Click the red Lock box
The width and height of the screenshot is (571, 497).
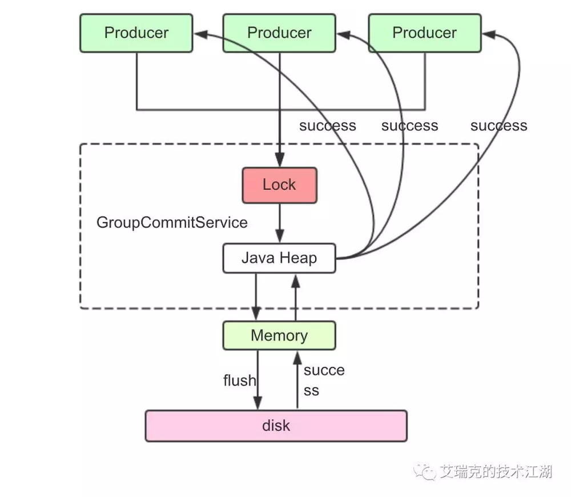279,185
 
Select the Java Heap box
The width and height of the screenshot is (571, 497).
279,258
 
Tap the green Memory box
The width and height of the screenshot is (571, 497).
279,335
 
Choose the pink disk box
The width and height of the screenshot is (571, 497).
276,426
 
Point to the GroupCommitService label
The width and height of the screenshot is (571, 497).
172,222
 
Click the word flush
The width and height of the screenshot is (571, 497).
239,380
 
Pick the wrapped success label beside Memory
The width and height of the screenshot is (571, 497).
324,380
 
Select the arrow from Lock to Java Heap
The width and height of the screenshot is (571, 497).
279,223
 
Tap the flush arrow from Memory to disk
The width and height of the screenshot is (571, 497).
258,379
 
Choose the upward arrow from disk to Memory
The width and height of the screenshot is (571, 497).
297,379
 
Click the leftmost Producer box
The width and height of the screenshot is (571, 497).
137,33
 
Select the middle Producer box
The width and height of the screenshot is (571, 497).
279,33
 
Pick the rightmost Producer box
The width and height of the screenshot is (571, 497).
424,33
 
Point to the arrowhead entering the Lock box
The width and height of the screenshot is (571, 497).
279,161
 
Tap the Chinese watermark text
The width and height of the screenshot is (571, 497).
496,472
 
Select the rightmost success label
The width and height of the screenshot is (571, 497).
498,126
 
